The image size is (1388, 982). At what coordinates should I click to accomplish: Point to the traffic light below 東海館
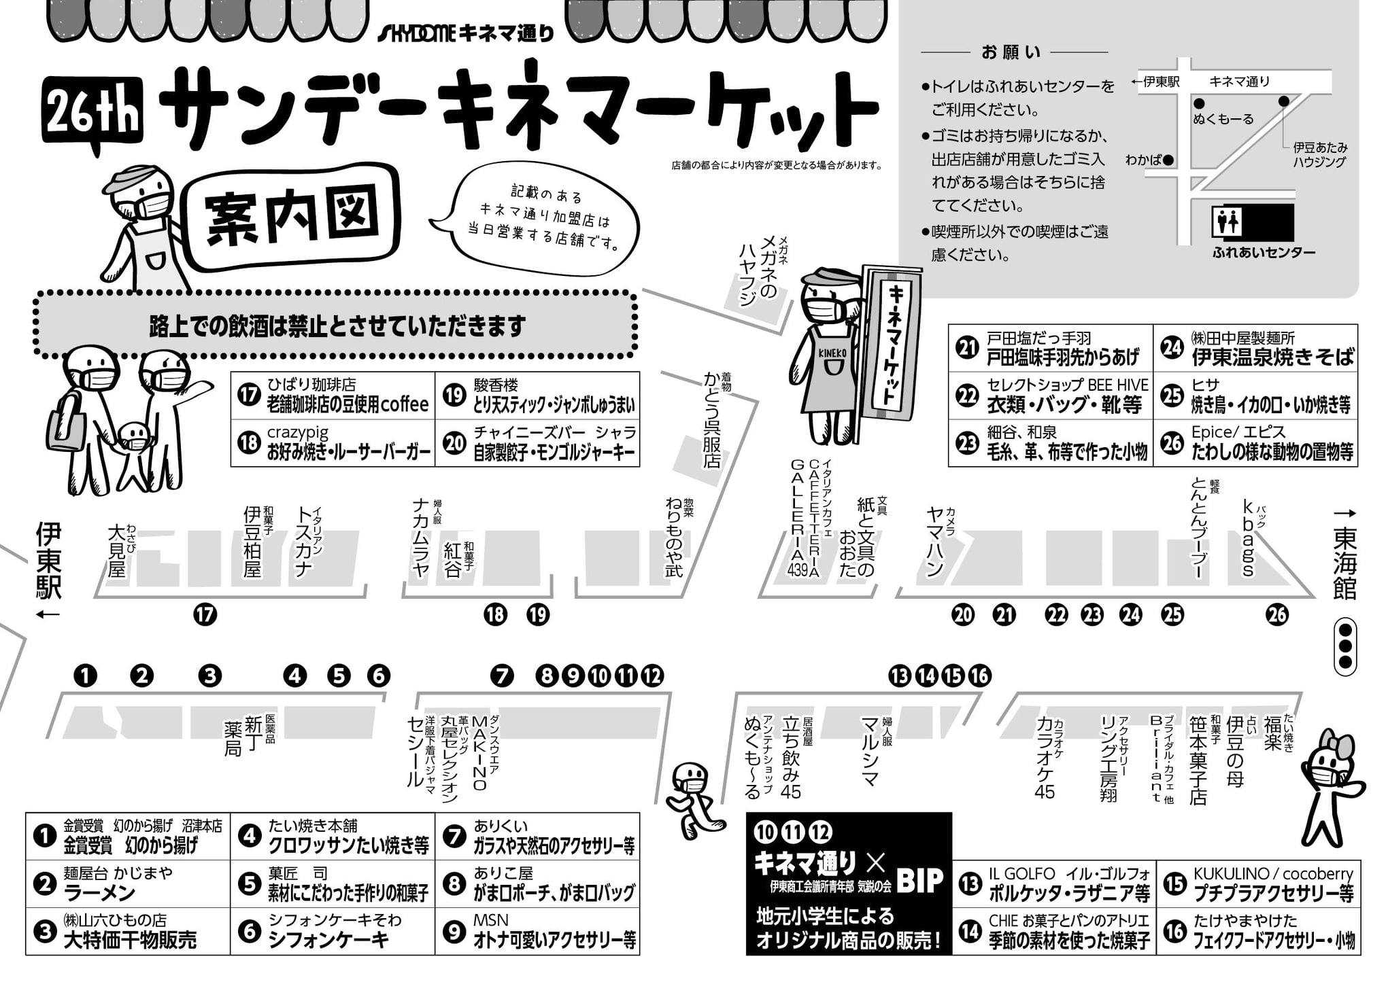(x=1344, y=646)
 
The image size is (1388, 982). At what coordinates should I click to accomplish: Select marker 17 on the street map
(x=205, y=615)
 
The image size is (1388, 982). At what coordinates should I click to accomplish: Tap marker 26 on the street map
(x=1277, y=615)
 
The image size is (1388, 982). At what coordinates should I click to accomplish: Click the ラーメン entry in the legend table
(x=100, y=892)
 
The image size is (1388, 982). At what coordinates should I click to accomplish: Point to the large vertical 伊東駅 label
(x=49, y=560)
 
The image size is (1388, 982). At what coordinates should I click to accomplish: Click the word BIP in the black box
(x=920, y=881)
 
